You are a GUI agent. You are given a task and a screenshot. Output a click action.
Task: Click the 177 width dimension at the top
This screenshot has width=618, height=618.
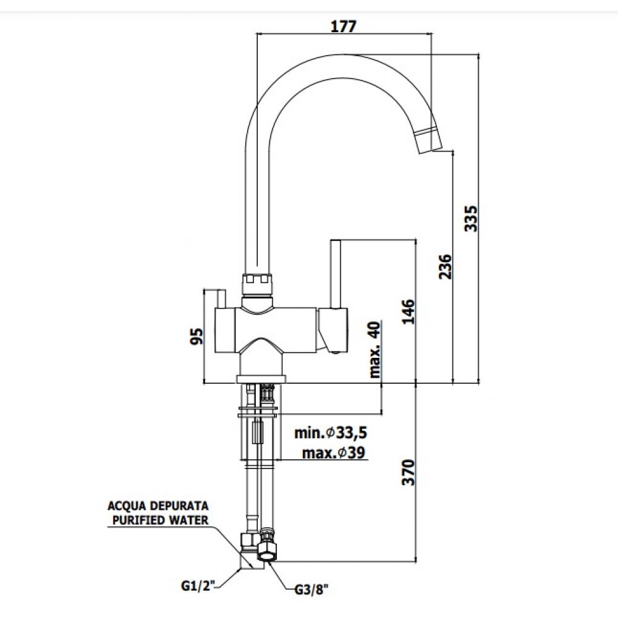[343, 26]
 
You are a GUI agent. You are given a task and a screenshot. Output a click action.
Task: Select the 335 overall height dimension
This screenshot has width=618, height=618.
[471, 218]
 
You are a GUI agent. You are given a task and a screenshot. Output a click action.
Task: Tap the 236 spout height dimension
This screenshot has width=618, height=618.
[446, 266]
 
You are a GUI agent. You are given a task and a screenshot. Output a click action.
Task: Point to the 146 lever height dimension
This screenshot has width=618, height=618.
[408, 311]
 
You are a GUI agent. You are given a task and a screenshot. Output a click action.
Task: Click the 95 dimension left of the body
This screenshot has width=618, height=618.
[197, 336]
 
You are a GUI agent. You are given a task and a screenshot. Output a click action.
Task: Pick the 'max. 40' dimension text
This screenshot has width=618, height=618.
[375, 350]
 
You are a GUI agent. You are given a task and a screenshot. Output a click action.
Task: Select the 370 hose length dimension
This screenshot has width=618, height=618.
[408, 472]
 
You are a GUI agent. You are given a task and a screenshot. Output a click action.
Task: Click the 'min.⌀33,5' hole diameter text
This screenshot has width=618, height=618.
[331, 433]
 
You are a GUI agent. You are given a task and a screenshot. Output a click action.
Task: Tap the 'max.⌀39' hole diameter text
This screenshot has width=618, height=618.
[334, 452]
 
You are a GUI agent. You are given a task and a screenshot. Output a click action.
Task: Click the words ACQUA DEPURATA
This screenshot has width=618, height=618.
[158, 506]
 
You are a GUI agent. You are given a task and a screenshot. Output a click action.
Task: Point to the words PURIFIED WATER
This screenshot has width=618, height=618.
[161, 520]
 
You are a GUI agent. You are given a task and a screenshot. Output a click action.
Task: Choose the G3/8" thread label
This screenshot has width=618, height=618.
[311, 590]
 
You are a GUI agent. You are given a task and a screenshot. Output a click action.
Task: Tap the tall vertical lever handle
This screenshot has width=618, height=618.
[336, 274]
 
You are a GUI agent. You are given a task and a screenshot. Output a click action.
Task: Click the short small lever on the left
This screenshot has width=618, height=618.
[221, 299]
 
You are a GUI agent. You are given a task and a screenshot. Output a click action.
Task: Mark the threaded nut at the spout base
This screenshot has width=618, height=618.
[256, 284]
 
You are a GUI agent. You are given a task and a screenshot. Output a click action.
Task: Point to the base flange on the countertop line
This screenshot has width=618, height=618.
[261, 379]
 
